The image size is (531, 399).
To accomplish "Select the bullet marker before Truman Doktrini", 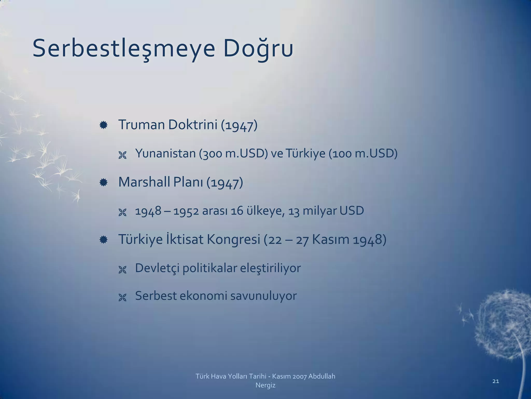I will click(103, 125).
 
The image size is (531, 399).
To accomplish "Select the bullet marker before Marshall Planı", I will click(103, 183).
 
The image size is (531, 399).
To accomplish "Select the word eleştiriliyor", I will click(270, 268).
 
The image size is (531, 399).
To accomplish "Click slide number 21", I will click(495, 381).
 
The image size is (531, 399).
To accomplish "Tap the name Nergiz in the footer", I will click(265, 385).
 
